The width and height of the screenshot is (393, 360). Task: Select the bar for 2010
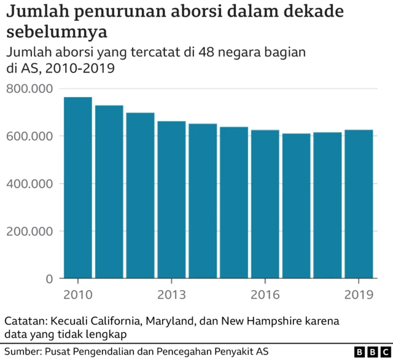pos(78,187)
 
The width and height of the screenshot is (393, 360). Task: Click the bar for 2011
pos(109,192)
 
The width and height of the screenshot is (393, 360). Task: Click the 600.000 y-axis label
pos(29,136)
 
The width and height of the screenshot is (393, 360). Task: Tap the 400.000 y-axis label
pos(29,184)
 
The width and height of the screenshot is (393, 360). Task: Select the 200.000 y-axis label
pos(29,232)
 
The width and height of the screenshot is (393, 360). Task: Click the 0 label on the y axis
pos(49,279)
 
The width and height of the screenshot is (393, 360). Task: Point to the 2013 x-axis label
pos(171,295)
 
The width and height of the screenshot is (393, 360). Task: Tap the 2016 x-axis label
pos(265,295)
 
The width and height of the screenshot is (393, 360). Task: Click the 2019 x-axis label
pos(359,295)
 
